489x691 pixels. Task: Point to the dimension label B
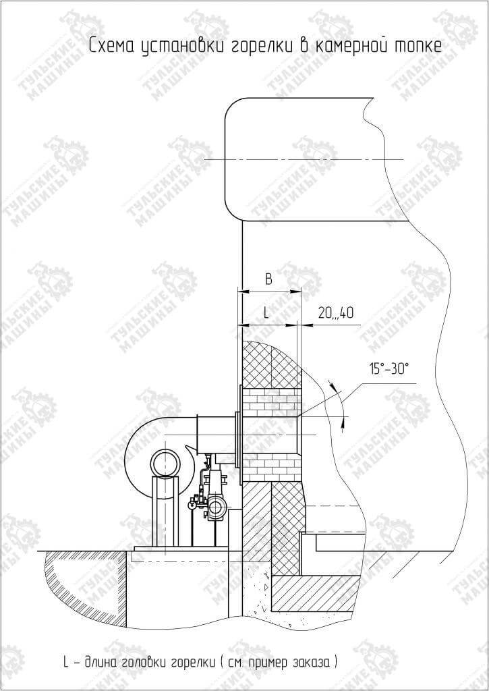[268, 279]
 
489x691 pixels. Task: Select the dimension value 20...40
[335, 312]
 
